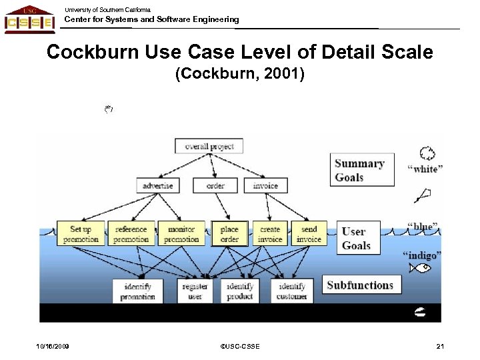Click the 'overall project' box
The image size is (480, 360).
click(209, 145)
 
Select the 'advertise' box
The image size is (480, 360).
click(158, 185)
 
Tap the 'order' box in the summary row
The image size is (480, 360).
click(215, 185)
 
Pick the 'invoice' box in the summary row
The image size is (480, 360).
click(266, 185)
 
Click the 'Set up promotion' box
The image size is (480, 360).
click(81, 233)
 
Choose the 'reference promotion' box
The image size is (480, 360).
click(131, 233)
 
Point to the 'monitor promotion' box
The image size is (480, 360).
click(181, 233)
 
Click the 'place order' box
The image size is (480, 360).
click(229, 233)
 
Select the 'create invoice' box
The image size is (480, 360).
click(270, 233)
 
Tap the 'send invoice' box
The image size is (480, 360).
click(309, 233)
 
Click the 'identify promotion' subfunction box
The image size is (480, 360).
click(138, 291)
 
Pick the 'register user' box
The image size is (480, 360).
click(195, 291)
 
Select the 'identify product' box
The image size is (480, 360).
click(240, 291)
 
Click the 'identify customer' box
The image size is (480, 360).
click(292, 291)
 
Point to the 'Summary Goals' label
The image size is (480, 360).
click(360, 170)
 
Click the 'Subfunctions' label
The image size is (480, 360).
click(361, 285)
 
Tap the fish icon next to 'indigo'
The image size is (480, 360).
click(422, 269)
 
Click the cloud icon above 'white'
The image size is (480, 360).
click(428, 153)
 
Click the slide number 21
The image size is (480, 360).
click(440, 346)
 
